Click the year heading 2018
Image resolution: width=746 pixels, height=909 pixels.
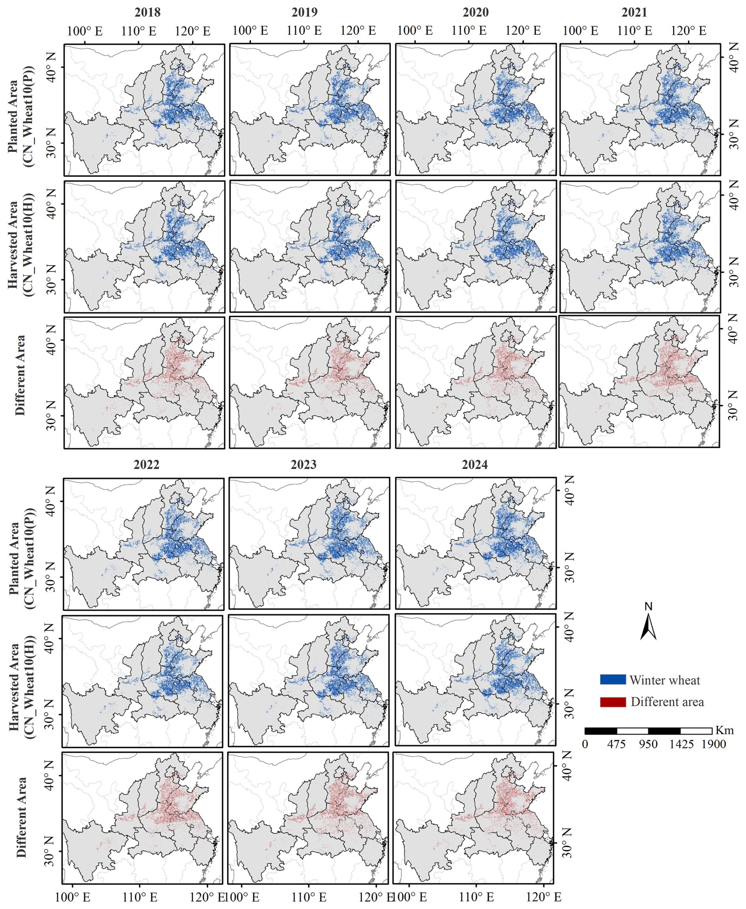147,12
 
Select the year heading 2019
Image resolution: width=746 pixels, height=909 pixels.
304,12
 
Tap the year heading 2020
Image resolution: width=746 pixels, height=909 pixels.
475,12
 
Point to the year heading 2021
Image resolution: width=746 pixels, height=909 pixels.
634,12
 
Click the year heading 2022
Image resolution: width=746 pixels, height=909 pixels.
147,464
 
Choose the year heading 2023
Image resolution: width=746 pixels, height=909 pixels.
303,464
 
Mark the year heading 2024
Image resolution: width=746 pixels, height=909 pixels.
474,464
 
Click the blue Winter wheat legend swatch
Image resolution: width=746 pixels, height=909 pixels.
613,679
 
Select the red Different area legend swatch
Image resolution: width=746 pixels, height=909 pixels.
613,702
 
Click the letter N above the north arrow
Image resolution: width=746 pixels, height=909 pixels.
649,606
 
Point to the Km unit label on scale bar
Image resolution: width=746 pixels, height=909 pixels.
725,730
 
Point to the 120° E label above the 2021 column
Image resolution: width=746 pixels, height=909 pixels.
688,31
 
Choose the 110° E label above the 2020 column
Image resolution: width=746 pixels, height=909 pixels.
469,31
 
